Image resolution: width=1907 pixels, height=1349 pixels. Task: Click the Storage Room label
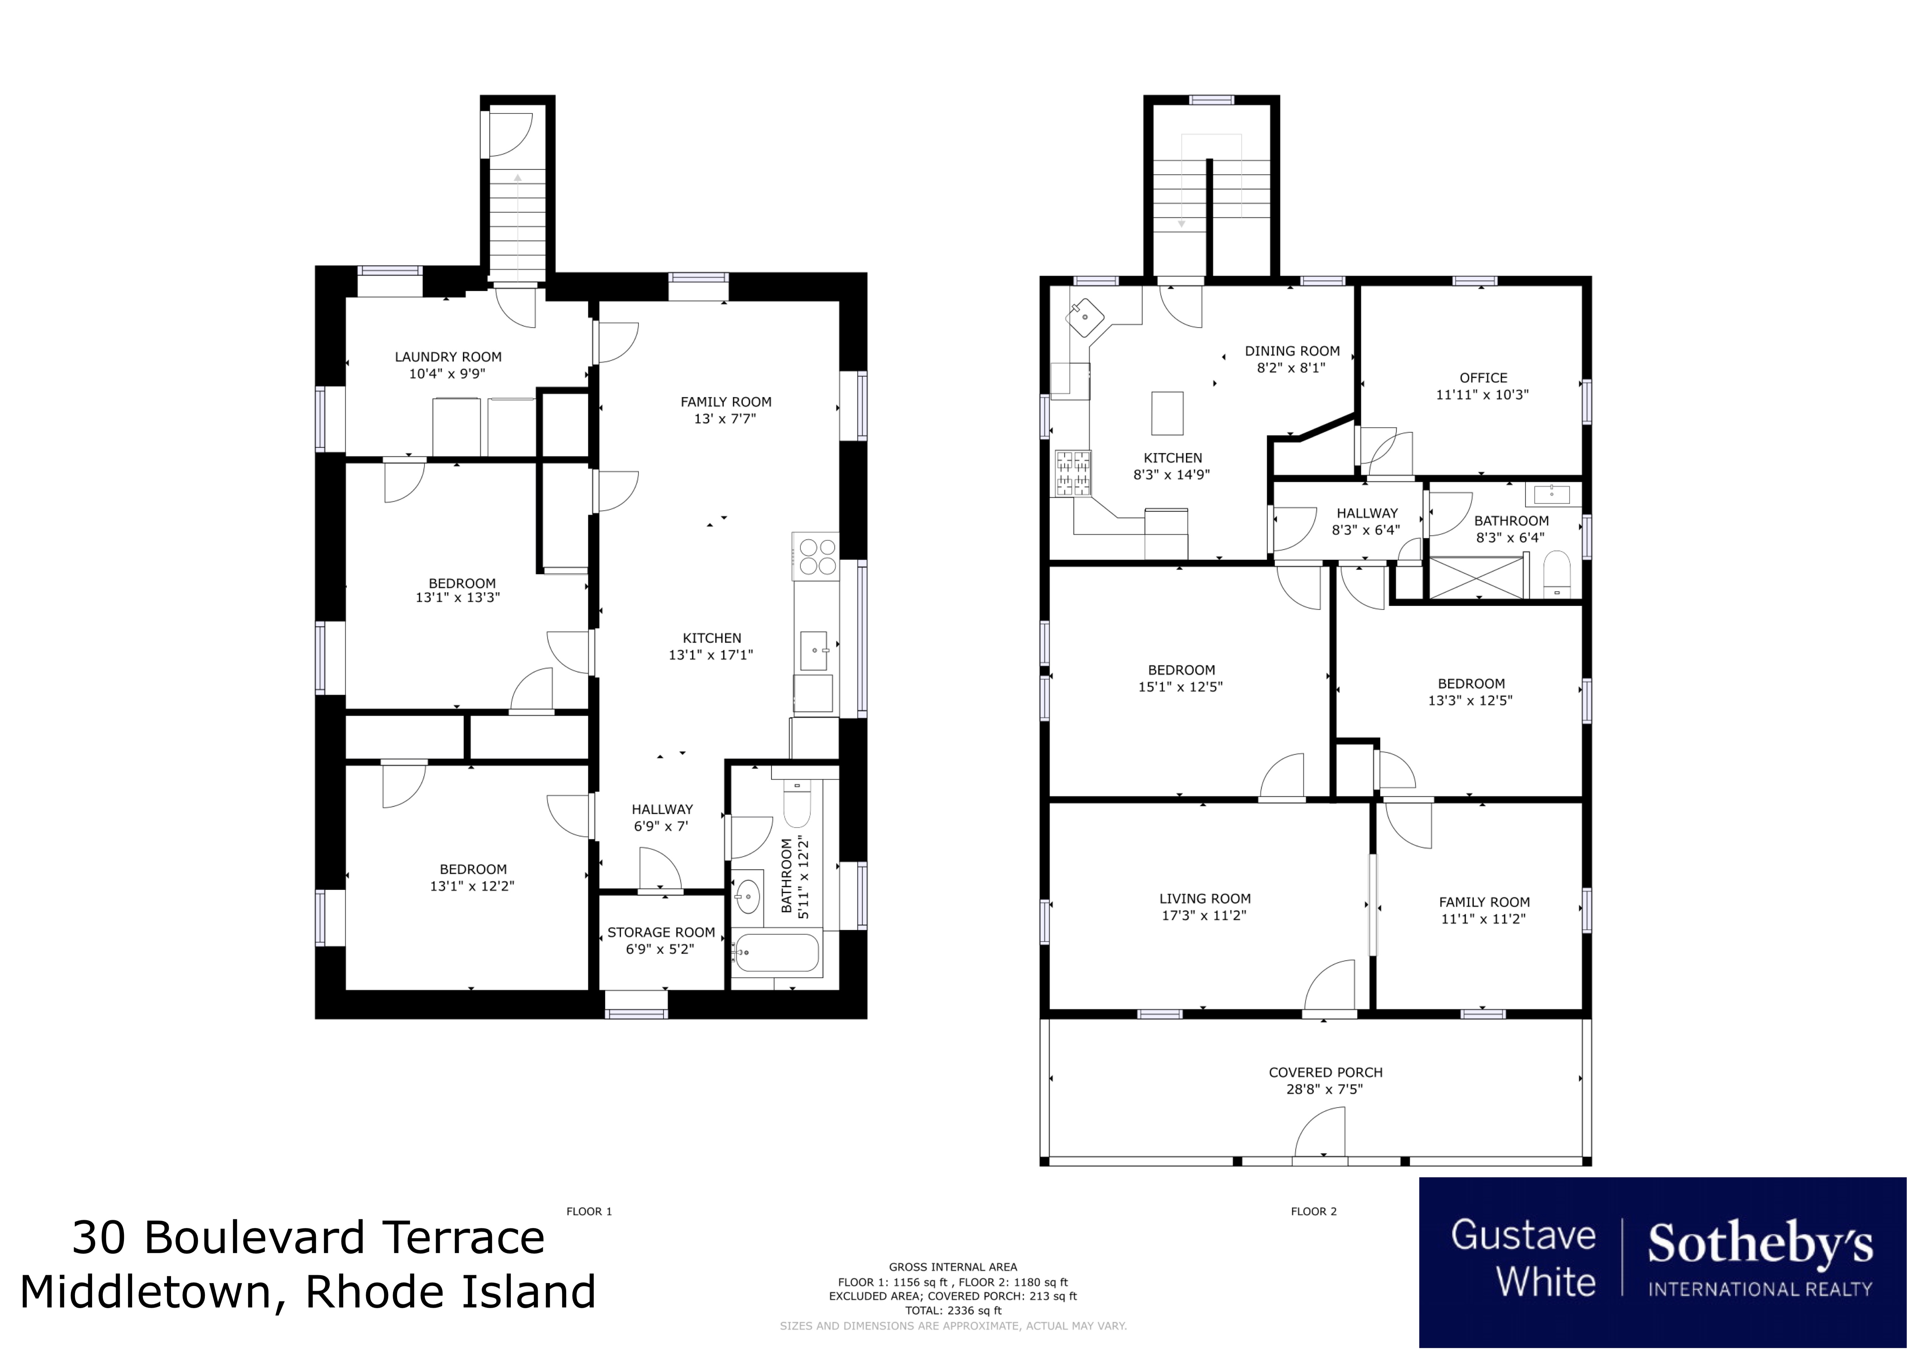(x=661, y=932)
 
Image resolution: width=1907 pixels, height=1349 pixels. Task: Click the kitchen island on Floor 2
(x=1167, y=413)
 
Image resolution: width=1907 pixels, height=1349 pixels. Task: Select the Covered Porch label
(x=1326, y=1072)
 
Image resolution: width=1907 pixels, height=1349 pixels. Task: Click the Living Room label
(x=1205, y=899)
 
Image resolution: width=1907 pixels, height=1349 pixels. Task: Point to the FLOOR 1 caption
(x=589, y=1211)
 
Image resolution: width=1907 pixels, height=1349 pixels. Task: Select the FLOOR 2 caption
(x=1314, y=1211)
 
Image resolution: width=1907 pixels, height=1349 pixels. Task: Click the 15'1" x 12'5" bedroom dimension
(x=1180, y=687)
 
